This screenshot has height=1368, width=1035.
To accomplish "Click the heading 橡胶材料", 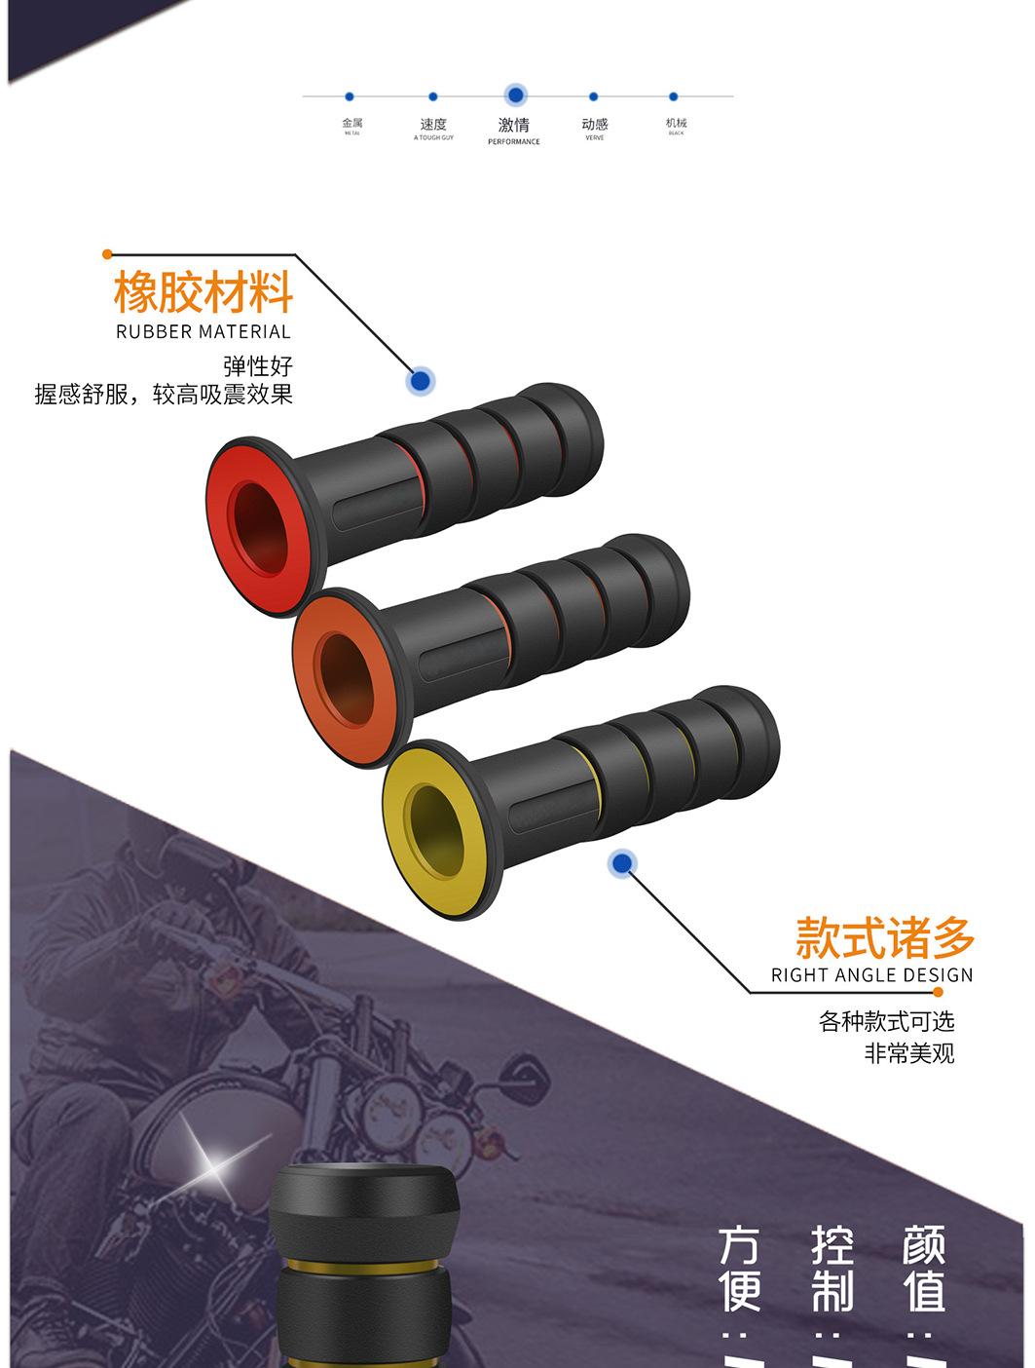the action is [x=203, y=291].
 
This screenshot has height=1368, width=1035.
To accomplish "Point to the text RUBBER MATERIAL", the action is [x=203, y=332].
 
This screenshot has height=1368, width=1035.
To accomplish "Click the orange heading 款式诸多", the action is [x=884, y=937].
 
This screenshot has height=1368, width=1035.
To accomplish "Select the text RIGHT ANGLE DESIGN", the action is [x=871, y=975].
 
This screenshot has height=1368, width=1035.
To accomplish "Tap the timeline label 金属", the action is [x=352, y=124].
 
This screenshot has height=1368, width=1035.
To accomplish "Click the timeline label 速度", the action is [x=433, y=125].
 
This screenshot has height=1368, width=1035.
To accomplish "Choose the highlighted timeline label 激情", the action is [x=514, y=125].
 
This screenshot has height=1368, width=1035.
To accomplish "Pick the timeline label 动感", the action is [x=595, y=125].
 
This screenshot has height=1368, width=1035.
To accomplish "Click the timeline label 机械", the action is [x=676, y=124].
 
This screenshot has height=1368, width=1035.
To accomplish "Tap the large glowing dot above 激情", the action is [x=515, y=95].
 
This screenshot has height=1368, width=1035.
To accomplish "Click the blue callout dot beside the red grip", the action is [x=420, y=381].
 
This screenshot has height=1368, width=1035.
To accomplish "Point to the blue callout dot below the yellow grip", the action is [x=621, y=863].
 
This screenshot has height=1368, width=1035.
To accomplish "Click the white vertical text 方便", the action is [x=740, y=1270].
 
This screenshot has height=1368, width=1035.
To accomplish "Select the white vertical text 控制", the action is [x=832, y=1270].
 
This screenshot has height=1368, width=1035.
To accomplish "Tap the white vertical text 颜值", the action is [x=923, y=1270].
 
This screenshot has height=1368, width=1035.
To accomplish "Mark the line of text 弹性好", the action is [x=258, y=366].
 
